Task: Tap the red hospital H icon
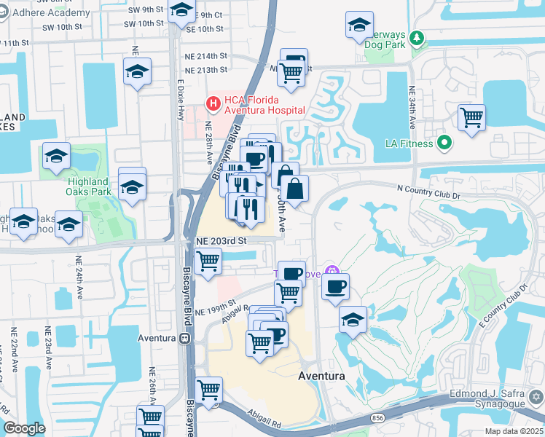point(213,104)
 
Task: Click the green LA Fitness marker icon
point(444,142)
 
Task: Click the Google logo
point(24,428)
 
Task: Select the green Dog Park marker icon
point(417,37)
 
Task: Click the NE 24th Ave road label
point(79,277)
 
